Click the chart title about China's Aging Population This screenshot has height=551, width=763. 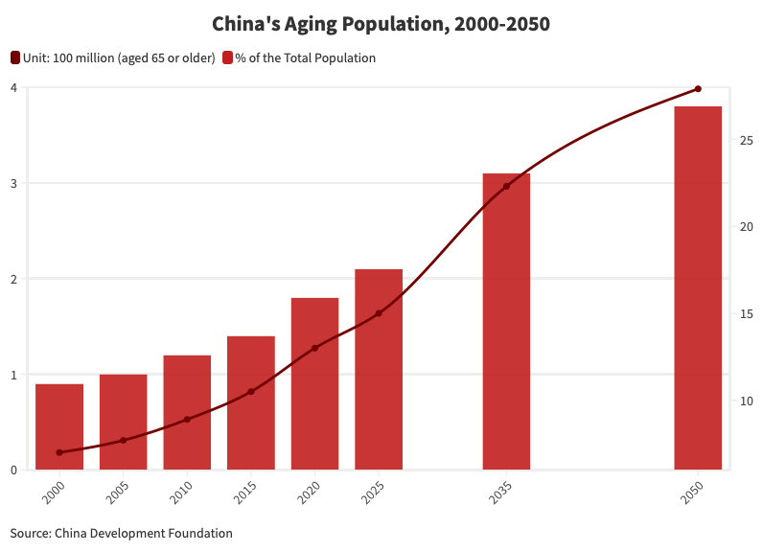381,24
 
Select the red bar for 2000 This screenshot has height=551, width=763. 59,426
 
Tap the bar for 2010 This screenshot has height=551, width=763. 187,412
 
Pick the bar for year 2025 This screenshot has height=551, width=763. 379,369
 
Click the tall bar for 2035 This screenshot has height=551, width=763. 506,321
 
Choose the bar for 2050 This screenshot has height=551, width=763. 698,287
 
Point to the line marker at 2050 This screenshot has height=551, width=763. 698,89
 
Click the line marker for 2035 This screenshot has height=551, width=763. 506,186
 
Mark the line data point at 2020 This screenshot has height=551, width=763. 314,348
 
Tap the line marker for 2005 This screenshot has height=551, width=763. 123,441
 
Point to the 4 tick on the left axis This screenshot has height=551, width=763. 13,88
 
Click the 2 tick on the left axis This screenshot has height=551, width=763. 13,279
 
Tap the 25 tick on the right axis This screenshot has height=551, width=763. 747,141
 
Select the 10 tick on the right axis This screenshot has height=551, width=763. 747,401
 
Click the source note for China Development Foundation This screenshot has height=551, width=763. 122,533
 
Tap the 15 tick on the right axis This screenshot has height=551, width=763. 747,314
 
